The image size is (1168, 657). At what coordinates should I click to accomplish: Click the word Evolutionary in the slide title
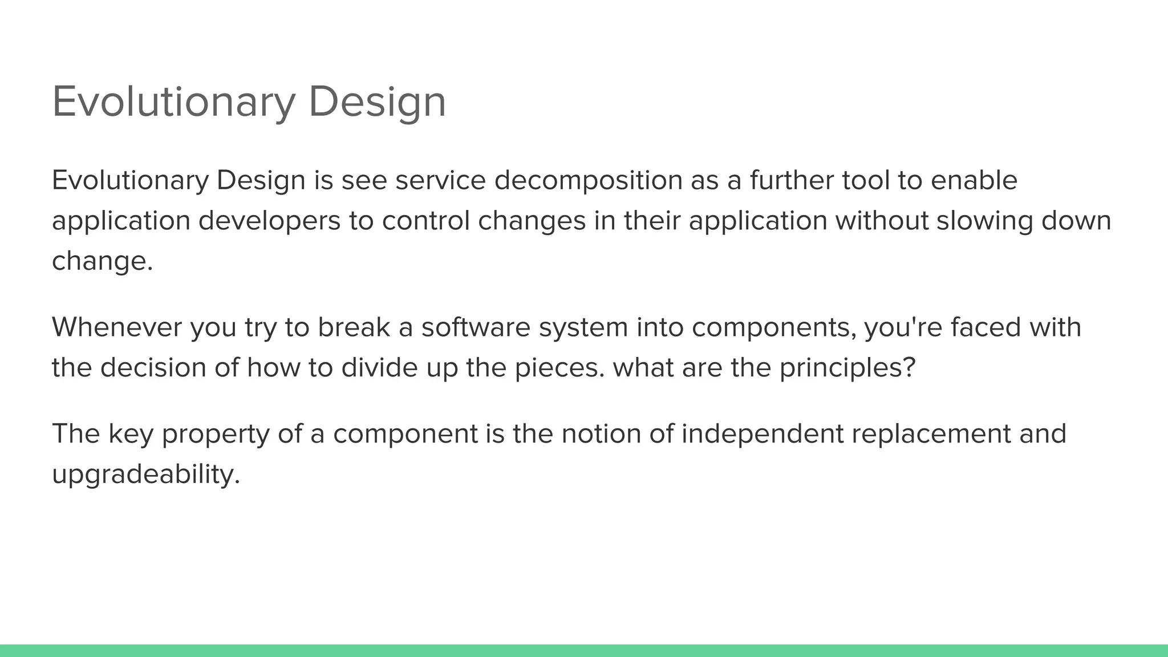click(173, 102)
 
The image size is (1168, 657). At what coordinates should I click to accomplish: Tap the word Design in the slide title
click(377, 102)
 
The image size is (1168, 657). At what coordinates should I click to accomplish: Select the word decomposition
click(588, 181)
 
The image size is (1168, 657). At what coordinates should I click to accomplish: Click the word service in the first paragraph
click(440, 181)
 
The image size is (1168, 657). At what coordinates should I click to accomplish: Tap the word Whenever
click(117, 327)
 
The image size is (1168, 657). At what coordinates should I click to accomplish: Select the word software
click(476, 327)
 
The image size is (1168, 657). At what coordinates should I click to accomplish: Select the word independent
click(763, 435)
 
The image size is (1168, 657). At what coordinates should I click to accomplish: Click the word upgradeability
click(146, 475)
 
